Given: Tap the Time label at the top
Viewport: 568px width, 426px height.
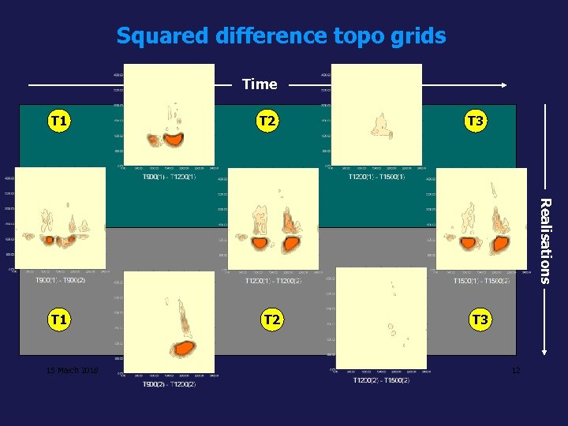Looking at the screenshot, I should click(260, 84).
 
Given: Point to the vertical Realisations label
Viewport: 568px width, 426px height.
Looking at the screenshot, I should click(544, 240).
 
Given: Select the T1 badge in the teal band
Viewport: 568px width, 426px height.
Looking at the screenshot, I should click(58, 121).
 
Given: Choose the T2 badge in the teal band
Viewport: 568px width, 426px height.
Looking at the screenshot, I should click(267, 121).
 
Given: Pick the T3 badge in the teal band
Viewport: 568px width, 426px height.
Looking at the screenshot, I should click(475, 121).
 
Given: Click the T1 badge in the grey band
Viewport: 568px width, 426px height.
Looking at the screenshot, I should click(58, 319).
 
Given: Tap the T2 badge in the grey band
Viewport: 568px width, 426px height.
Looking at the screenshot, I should click(271, 319).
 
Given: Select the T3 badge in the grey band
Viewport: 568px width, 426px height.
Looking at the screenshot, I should click(480, 319).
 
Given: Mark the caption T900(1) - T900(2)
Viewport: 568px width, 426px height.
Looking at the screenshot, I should click(60, 280).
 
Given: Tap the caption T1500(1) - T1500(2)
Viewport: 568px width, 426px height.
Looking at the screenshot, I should click(481, 280).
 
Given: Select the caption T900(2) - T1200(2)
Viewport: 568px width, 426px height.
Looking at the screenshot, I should click(170, 384).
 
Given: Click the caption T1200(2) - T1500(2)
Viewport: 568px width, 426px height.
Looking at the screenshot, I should click(381, 381).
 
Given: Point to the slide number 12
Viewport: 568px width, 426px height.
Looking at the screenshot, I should click(515, 371).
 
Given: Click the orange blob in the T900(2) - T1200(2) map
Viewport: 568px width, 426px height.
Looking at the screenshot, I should click(183, 348).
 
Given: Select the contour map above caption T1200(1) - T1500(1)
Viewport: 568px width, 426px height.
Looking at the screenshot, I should click(376, 114).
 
